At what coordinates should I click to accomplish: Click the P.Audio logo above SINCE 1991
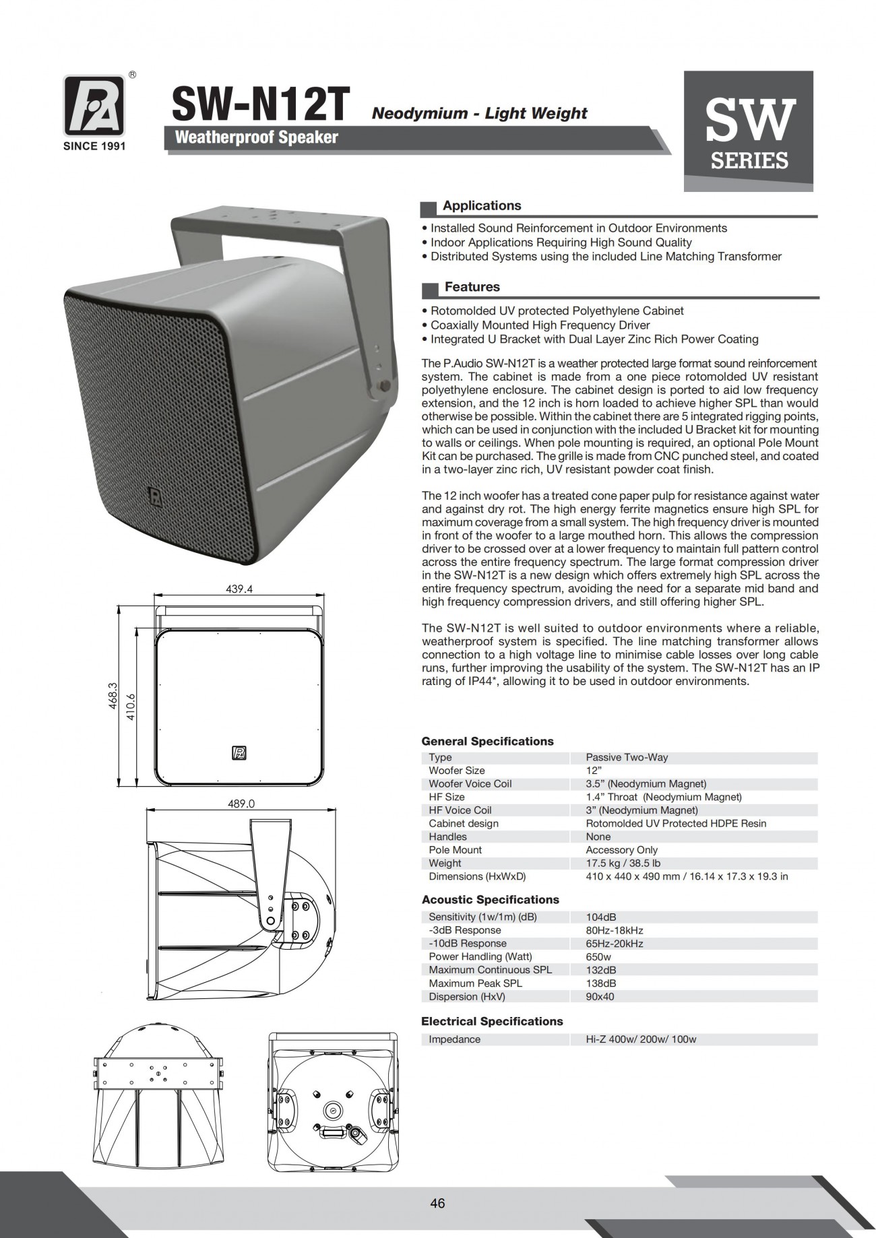[94, 106]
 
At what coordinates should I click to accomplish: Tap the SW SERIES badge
[748, 131]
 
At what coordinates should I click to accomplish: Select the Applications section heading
[482, 206]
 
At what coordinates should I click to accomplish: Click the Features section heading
[472, 288]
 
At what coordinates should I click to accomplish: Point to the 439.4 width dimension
[239, 589]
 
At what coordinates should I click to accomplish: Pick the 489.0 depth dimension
[242, 804]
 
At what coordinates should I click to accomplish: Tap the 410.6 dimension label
[131, 707]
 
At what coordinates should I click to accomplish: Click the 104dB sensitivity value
[601, 917]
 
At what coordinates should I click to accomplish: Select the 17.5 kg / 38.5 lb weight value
[623, 863]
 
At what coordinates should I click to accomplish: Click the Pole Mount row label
[455, 850]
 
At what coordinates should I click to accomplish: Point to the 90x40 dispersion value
[600, 996]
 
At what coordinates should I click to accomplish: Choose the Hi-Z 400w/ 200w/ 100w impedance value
[641, 1039]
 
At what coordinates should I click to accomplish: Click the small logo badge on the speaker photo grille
[156, 496]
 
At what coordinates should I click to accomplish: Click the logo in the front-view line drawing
[239, 753]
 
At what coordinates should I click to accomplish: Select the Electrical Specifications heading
[492, 1021]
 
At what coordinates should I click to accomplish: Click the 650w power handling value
[598, 956]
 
